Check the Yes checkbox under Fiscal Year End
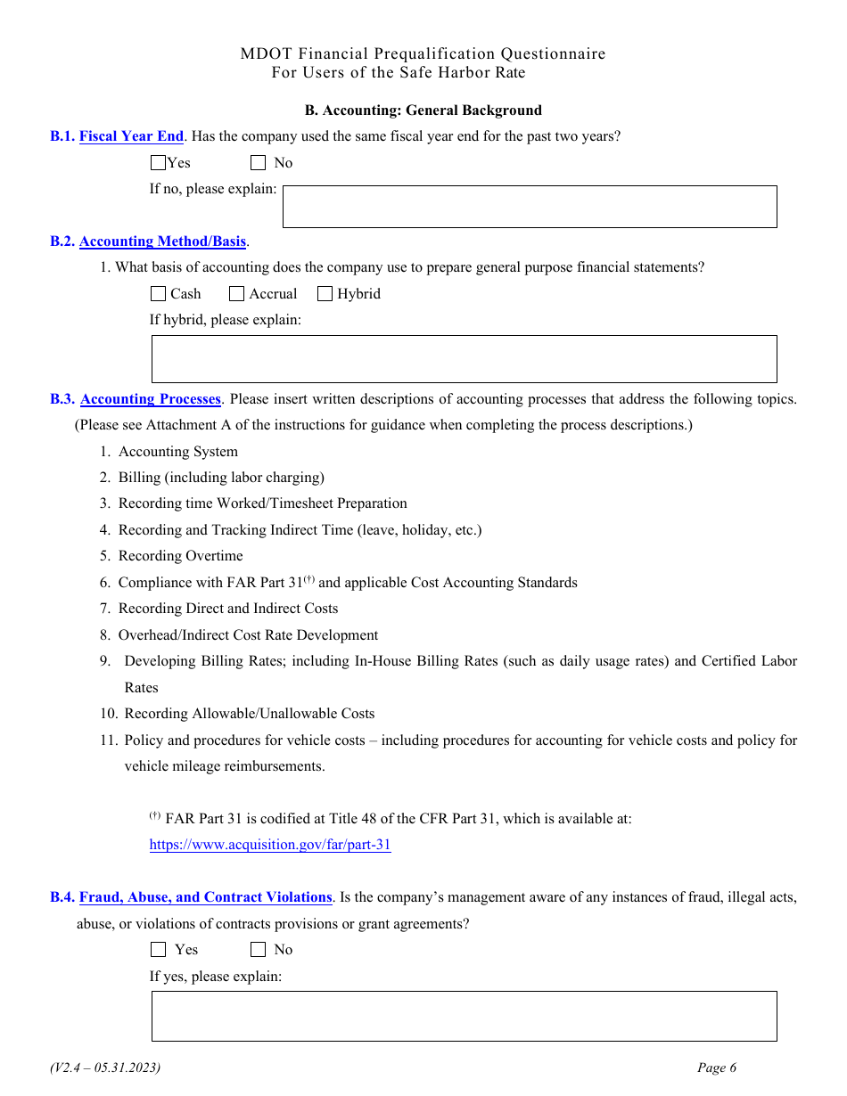pos(159,163)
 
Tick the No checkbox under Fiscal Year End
pos(259,163)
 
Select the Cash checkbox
pos(159,294)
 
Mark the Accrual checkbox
pos(237,294)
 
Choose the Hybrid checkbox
pos(325,294)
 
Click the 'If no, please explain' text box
pos(530,207)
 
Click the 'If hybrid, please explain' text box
pos(464,359)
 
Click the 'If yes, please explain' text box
pos(464,1016)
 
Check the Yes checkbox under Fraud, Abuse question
pos(159,950)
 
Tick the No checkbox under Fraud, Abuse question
pos(259,950)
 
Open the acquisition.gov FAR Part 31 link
pos(270,846)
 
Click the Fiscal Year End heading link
pos(131,136)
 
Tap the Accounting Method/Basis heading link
pos(162,241)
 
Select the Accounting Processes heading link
pos(151,399)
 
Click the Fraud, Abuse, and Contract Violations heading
pos(205,897)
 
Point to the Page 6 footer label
pos(717,1068)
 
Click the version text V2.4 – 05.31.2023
pos(105,1068)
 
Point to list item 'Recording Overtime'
pos(180,556)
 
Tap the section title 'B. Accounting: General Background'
pos(423,110)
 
